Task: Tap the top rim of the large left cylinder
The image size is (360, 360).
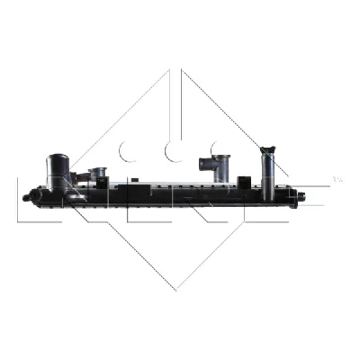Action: click(57, 157)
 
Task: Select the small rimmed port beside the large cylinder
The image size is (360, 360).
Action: click(97, 171)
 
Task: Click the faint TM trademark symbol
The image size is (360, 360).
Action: click(337, 179)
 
